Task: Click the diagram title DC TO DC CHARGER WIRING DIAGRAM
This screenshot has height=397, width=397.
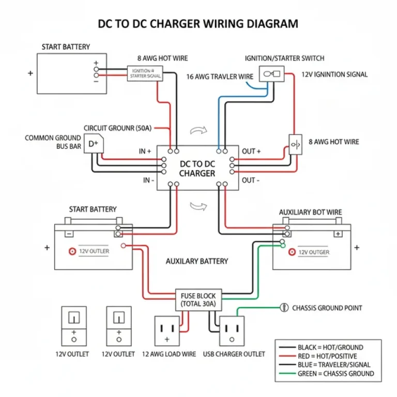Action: tap(198, 24)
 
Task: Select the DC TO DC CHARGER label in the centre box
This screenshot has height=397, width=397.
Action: tap(197, 169)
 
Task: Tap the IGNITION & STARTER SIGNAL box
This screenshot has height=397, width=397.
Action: tap(145, 73)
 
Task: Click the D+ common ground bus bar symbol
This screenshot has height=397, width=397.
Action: tap(94, 144)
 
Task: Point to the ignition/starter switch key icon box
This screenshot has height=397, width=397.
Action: tap(271, 74)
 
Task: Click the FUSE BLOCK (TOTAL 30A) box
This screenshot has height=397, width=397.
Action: tap(198, 299)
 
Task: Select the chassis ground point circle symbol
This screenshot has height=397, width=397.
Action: tap(283, 308)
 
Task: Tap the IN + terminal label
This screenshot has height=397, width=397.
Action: tap(145, 151)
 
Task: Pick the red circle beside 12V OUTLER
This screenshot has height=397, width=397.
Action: tap(72, 251)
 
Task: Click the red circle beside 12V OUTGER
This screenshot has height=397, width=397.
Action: tap(292, 252)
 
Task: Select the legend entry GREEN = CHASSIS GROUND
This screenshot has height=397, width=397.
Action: tap(335, 374)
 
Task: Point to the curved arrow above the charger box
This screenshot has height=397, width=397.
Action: tap(198, 131)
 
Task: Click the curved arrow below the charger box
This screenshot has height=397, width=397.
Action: tap(198, 207)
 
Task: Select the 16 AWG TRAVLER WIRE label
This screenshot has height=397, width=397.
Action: tap(220, 77)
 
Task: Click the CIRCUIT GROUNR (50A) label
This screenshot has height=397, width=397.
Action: tap(117, 128)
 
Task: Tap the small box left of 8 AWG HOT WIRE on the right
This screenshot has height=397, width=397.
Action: tap(294, 144)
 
